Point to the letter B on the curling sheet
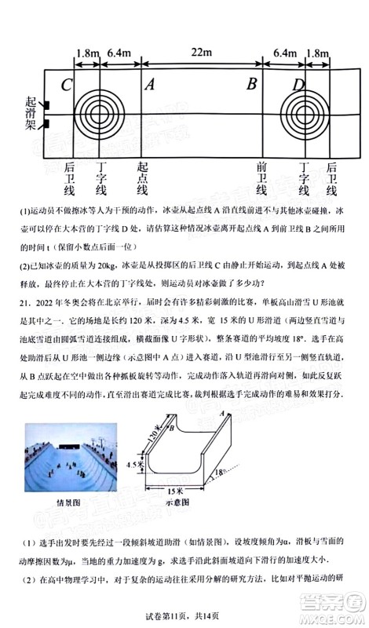(252, 85)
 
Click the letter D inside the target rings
(299, 85)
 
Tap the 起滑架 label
(31, 115)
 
